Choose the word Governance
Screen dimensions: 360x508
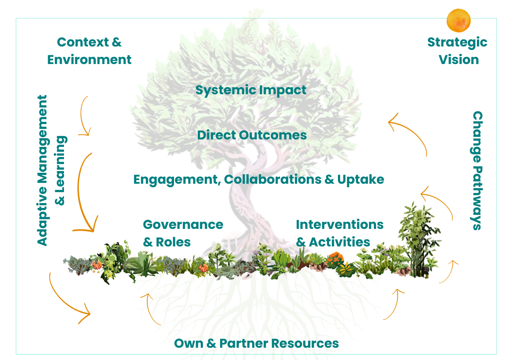point(183,225)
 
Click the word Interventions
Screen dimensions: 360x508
point(340,225)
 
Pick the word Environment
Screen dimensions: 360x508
point(89,60)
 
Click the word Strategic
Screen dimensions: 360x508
point(457,42)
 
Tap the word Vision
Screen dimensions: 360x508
point(459,60)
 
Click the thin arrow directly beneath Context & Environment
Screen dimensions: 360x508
point(85,116)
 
